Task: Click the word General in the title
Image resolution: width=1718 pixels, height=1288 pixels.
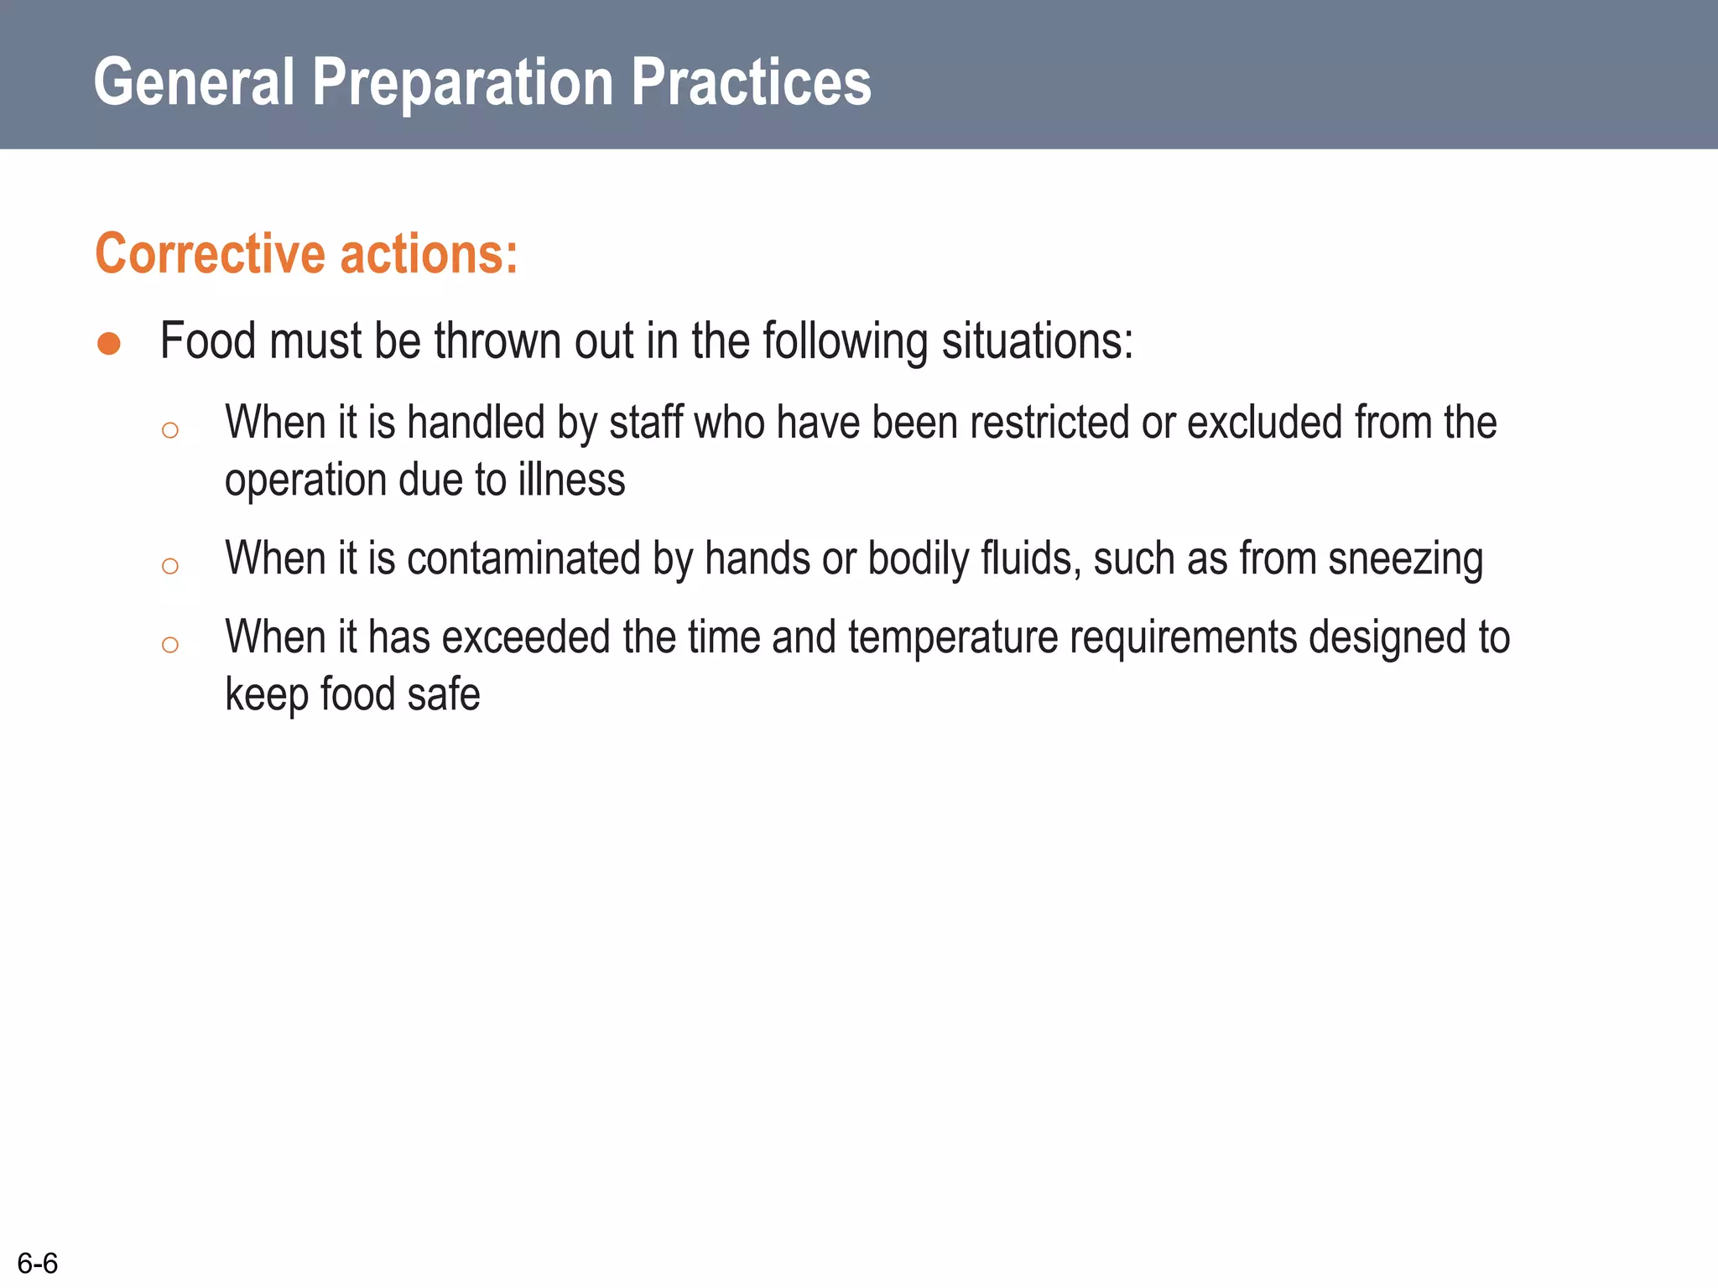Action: click(x=194, y=82)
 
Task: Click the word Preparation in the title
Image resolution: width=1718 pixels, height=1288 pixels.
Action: click(x=463, y=82)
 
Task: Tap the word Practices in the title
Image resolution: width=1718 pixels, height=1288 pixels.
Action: click(x=751, y=82)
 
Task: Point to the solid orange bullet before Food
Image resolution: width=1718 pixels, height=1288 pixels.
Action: click(x=109, y=344)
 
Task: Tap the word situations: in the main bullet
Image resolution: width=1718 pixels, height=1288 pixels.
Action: click(x=1037, y=341)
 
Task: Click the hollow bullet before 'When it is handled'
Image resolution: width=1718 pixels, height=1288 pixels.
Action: click(x=170, y=431)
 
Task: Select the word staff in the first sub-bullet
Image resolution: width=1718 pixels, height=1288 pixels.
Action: click(x=646, y=422)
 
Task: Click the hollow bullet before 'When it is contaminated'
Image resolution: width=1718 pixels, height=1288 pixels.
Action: click(x=170, y=567)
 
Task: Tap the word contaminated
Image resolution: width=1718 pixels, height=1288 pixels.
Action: click(x=523, y=558)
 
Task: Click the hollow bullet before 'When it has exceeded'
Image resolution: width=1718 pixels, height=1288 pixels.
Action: click(x=170, y=645)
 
